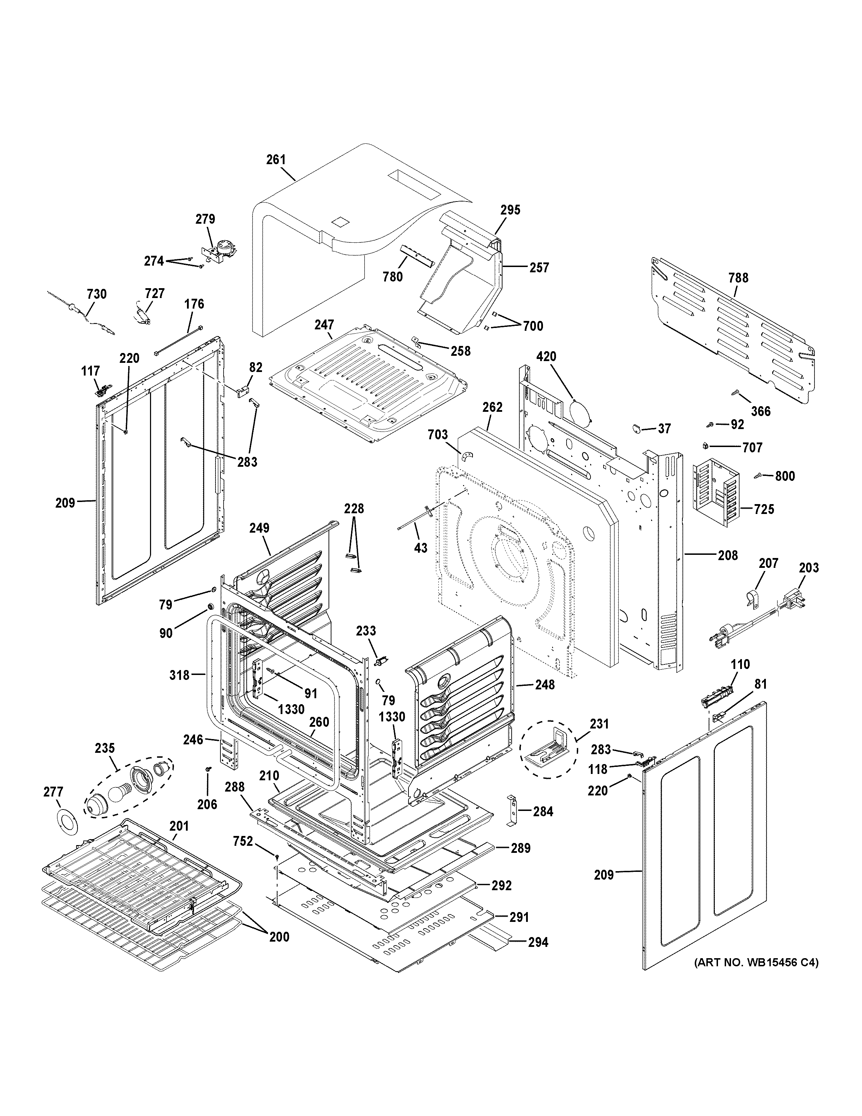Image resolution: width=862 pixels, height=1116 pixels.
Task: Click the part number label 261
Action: click(276, 160)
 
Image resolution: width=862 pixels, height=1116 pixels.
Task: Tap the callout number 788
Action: click(738, 278)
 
